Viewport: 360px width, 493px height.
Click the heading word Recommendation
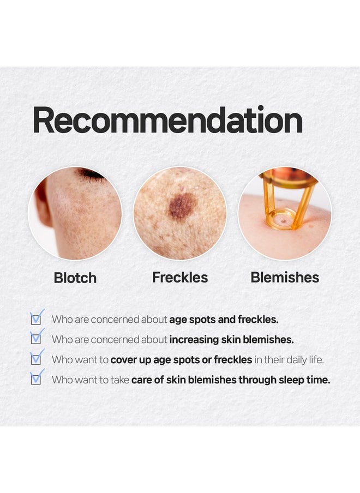click(x=167, y=121)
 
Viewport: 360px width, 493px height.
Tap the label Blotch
click(x=75, y=278)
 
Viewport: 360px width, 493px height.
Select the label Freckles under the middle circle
click(x=180, y=277)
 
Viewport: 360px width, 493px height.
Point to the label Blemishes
click(x=285, y=277)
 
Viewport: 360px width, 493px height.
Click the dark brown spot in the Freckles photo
click(x=182, y=206)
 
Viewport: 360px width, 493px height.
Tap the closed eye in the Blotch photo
click(x=91, y=175)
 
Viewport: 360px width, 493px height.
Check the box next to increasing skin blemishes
click(x=36, y=339)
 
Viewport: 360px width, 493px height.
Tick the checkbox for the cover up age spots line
click(x=36, y=359)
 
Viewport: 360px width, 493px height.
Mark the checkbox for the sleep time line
click(x=36, y=380)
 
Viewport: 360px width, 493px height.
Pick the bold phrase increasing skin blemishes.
click(x=231, y=339)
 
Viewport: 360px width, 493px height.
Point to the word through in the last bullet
click(x=257, y=380)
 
